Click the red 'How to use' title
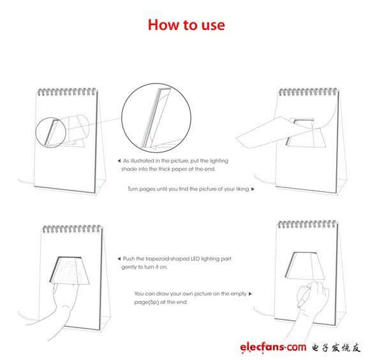(x=186, y=25)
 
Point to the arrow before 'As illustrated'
(x=119, y=161)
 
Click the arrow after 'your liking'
(x=253, y=189)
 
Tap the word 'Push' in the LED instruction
(x=128, y=259)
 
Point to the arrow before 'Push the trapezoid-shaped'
(x=119, y=259)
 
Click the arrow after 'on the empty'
(x=250, y=294)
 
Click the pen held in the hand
(x=305, y=295)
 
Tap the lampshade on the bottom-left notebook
(x=70, y=270)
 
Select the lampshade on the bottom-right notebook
(x=305, y=266)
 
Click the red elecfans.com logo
(x=273, y=347)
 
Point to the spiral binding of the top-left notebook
(x=67, y=92)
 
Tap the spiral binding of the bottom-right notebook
(x=307, y=224)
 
